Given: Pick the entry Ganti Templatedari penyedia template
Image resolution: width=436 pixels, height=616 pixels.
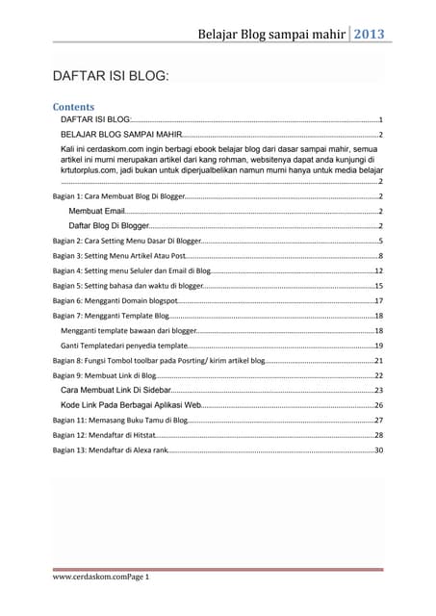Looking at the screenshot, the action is coord(124,345).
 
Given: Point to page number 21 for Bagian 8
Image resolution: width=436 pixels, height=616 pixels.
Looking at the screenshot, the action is coord(379,360).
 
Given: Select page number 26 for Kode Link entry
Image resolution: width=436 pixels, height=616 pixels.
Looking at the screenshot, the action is coord(379,406).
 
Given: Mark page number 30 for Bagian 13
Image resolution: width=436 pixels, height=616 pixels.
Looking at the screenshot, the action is coord(379,450).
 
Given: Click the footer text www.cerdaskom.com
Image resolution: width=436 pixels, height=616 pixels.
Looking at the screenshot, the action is coord(85,576).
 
